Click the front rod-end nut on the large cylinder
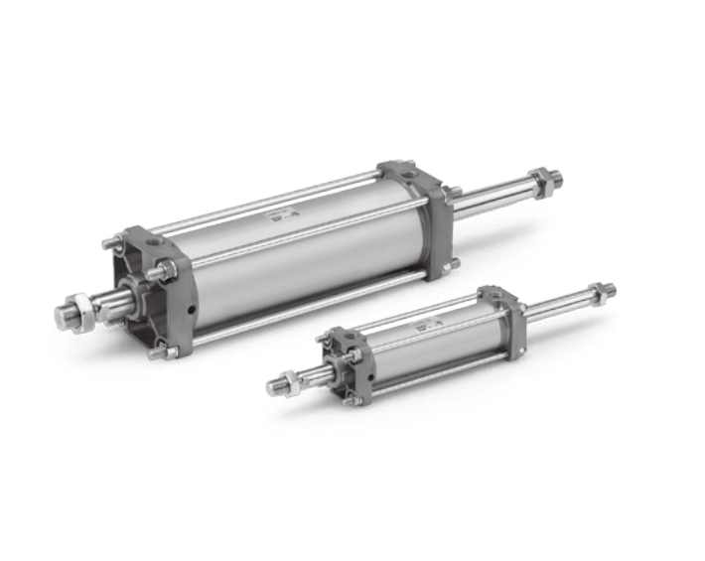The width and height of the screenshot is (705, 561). click(x=84, y=310)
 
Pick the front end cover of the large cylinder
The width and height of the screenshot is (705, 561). click(x=149, y=288)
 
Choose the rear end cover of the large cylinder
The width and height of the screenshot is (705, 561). click(x=417, y=213)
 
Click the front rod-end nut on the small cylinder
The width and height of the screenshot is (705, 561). click(x=287, y=379)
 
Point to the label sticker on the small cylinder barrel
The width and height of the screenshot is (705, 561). click(x=426, y=325)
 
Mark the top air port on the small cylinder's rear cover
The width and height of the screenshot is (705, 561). click(x=489, y=293)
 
